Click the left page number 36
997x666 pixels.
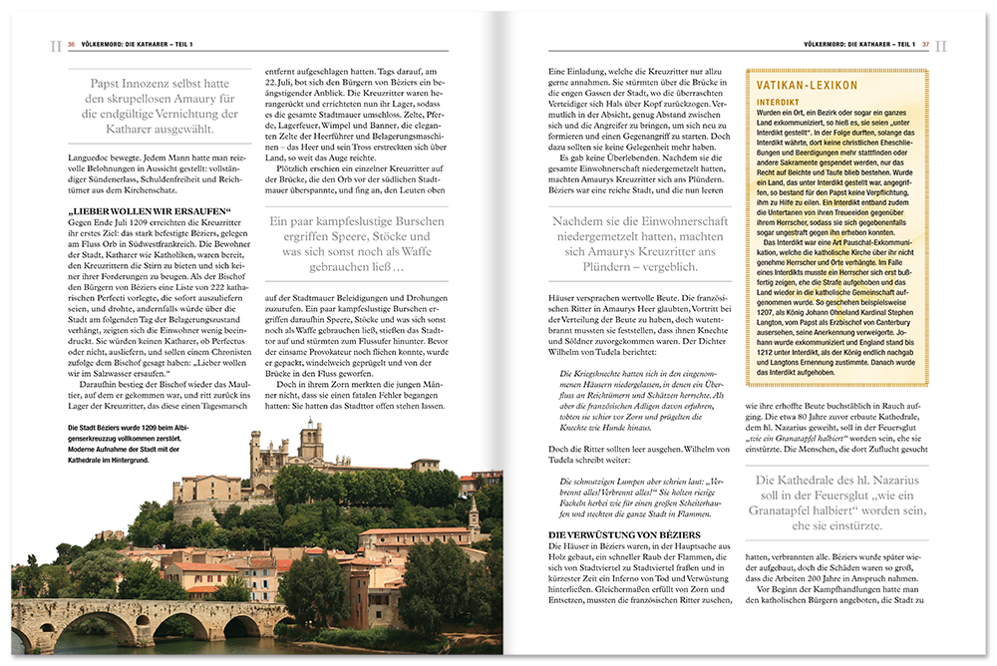[72, 44]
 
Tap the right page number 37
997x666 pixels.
[925, 44]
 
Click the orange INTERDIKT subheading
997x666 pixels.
[781, 103]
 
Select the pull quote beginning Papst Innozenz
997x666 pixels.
[160, 107]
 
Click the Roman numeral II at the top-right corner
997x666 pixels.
[942, 45]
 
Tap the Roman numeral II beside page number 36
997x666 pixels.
[55, 45]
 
